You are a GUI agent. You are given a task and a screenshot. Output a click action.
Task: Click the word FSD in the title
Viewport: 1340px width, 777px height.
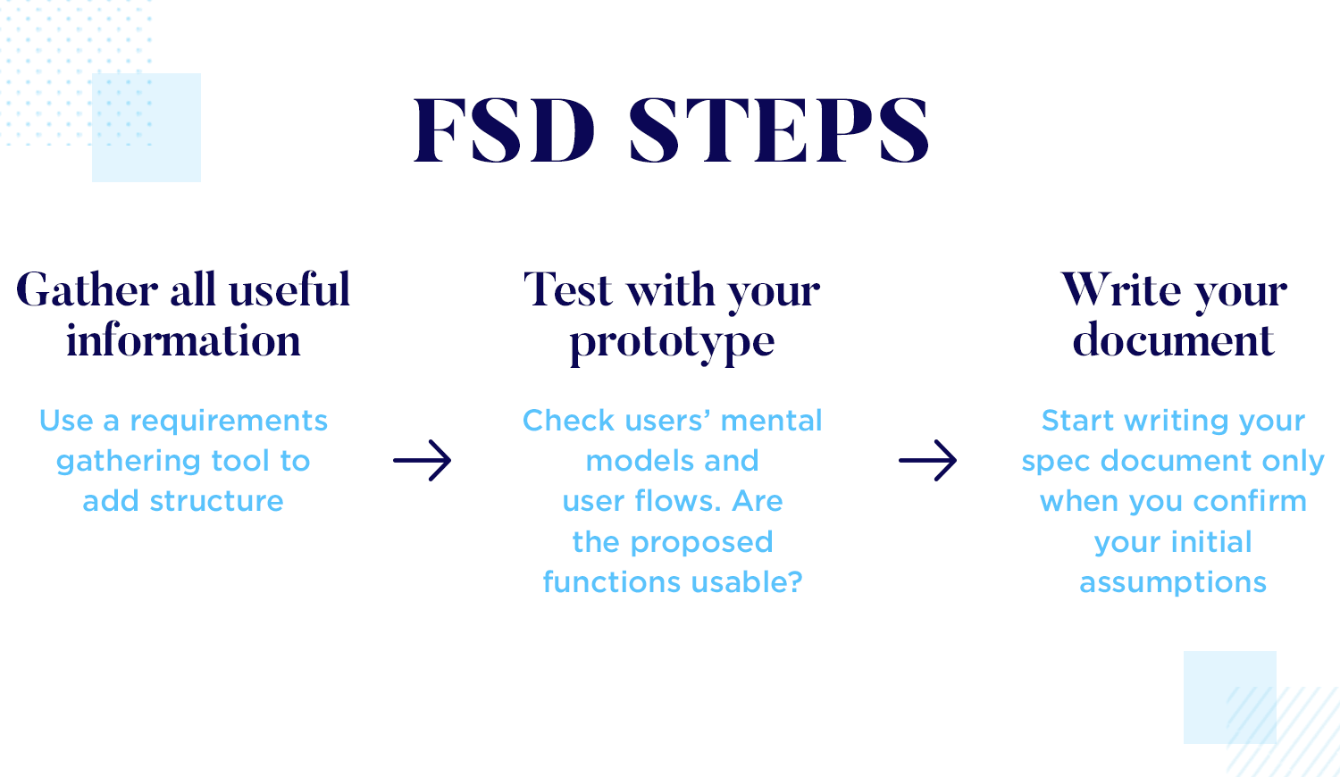(x=504, y=130)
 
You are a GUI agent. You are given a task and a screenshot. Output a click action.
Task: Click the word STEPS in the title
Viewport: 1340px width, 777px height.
(x=779, y=130)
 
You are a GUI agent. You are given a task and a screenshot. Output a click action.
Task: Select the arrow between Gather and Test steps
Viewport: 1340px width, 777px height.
(x=423, y=461)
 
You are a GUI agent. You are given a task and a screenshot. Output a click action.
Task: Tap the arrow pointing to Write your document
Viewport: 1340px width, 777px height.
(x=928, y=461)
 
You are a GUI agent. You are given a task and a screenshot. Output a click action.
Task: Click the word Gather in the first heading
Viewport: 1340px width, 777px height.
(x=88, y=290)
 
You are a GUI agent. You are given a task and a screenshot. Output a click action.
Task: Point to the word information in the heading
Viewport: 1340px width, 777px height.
(x=183, y=341)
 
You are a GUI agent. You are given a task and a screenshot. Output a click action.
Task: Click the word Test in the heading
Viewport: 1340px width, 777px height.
(x=568, y=290)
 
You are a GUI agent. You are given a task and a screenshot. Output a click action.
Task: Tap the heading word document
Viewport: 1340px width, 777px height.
(x=1173, y=341)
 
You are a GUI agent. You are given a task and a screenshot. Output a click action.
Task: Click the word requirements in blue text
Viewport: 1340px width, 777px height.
(x=229, y=421)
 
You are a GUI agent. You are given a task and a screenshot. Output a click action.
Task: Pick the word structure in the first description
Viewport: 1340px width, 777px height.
(x=216, y=501)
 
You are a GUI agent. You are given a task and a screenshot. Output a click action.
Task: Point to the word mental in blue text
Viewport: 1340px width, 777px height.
(x=771, y=421)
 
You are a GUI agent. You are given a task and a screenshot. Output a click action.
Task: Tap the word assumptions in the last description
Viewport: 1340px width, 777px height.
(x=1173, y=583)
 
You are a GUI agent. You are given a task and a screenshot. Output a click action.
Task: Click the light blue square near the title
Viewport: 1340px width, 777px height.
(x=147, y=128)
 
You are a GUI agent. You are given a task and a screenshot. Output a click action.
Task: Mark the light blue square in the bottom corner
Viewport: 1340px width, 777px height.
(x=1229, y=698)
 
